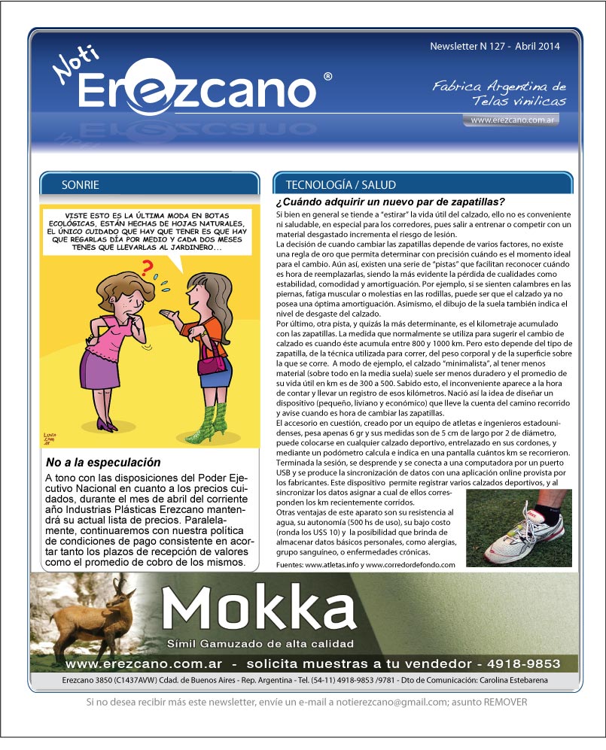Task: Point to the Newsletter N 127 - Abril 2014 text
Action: [495, 47]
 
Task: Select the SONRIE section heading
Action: [82, 184]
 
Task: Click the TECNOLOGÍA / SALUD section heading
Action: [340, 184]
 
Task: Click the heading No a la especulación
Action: [103, 463]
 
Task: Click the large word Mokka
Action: [258, 609]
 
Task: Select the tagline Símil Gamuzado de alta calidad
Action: [260, 644]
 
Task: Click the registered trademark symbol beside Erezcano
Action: [327, 77]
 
